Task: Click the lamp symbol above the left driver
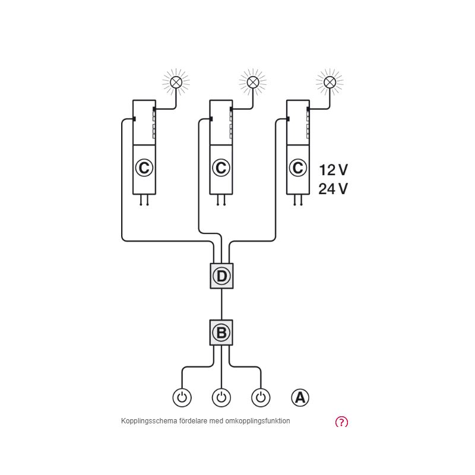(176, 82)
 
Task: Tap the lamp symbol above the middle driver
(253, 82)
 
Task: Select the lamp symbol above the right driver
(330, 82)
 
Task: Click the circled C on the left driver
(144, 168)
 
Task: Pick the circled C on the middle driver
(221, 168)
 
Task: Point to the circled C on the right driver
(297, 168)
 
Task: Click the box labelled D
(221, 276)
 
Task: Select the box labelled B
(221, 332)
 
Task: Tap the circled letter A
(300, 397)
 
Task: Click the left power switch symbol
(182, 397)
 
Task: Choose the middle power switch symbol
(221, 397)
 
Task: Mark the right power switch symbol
(261, 397)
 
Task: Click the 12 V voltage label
(333, 170)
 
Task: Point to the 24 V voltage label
(333, 189)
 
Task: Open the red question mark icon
(341, 422)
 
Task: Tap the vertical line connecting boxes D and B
(221, 304)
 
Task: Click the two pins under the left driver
(144, 200)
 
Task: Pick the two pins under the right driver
(297, 200)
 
